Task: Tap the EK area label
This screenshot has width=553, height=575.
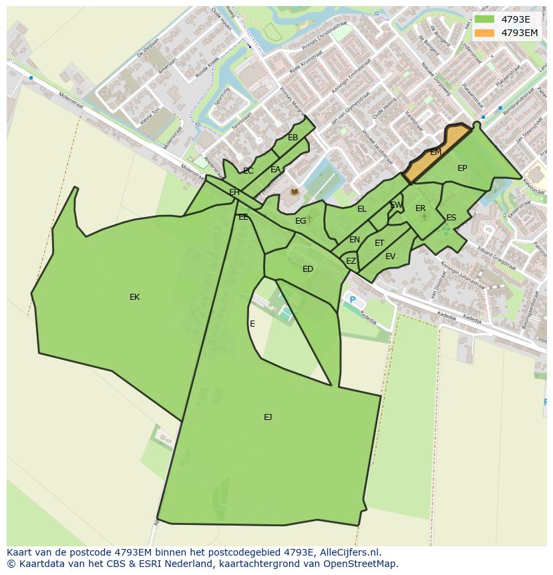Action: tap(134, 297)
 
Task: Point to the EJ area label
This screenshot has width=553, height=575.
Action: tap(268, 417)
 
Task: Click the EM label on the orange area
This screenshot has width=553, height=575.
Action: tap(435, 152)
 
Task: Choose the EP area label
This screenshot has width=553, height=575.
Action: tap(462, 168)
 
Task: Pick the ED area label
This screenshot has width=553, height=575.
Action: tap(308, 269)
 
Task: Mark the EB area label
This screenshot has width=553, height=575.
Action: tap(293, 138)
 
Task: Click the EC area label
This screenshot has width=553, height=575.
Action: tap(248, 171)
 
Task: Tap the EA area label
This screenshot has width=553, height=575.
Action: tap(275, 170)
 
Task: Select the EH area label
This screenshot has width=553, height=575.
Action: tap(234, 192)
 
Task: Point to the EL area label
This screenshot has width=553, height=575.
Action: tap(361, 209)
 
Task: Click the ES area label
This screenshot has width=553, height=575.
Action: tap(451, 218)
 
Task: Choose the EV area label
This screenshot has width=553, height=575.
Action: tap(390, 256)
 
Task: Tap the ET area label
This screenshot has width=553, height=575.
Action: tap(379, 243)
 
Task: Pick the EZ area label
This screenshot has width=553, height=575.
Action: tap(351, 261)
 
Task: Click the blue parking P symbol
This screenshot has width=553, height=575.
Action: tap(353, 301)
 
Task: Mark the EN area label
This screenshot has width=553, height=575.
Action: tap(354, 240)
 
